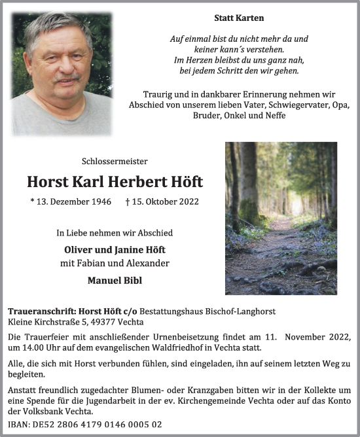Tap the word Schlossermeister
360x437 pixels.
tap(115, 161)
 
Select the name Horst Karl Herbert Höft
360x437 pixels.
tap(115, 181)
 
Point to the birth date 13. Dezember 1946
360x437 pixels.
tap(71, 202)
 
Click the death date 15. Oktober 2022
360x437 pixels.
tap(162, 202)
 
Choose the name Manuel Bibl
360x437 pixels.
tap(115, 279)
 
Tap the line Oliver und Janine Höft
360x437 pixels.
tap(115, 249)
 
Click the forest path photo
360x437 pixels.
tap(281, 218)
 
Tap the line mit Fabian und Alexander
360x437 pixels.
tap(115, 264)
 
